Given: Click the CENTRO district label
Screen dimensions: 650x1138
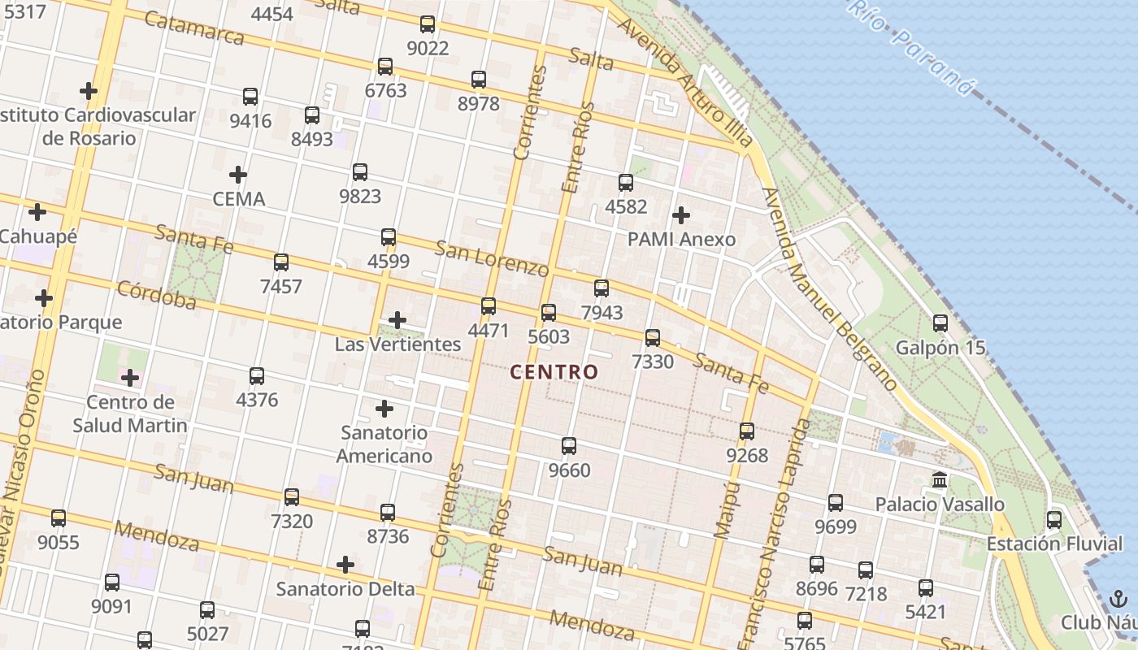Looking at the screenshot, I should [554, 372].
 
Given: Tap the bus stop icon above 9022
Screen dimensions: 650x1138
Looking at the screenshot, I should [428, 24].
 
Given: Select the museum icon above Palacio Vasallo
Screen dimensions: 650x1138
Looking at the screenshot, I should [940, 480].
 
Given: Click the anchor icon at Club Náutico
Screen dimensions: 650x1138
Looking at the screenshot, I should [1118, 600].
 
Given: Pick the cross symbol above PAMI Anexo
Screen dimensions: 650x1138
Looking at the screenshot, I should [681, 215].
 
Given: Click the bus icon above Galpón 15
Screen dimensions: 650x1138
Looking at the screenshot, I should [940, 323].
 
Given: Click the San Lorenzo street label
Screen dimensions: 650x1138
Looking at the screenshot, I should [492, 258].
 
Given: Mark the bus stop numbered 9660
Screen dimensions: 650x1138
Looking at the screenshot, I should [569, 446].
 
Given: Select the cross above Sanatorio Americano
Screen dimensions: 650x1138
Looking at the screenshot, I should [384, 409].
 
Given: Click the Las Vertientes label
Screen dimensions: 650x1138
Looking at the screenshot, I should [398, 344].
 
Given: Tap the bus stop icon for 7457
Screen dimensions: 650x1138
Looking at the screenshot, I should [281, 262].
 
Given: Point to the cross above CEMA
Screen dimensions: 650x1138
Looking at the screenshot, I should [238, 175].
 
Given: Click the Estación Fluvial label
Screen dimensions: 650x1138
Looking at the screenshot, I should [1054, 544].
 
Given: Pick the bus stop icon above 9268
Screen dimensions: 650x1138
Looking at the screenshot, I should [747, 431].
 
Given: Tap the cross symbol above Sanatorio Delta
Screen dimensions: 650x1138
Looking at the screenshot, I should [345, 565].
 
